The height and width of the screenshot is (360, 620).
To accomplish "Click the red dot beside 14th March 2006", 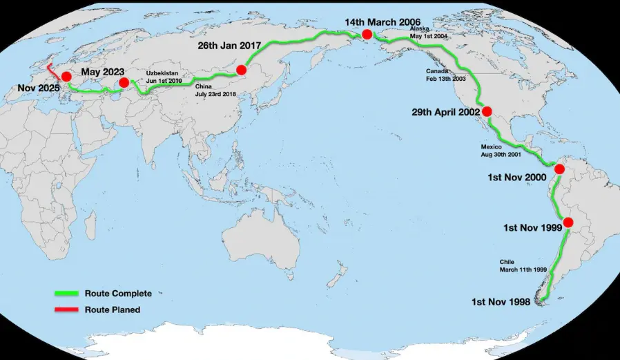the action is [x=367, y=34].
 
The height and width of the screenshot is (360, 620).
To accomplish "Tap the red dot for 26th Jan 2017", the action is [x=241, y=70].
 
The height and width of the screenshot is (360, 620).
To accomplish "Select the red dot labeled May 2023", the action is [x=124, y=83].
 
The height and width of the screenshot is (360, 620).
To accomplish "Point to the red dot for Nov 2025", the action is [x=66, y=77].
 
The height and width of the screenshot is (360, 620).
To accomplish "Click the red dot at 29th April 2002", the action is [x=487, y=111].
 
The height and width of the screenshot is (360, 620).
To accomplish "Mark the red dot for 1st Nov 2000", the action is [x=560, y=169].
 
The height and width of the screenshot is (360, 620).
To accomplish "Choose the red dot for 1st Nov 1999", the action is [x=568, y=222].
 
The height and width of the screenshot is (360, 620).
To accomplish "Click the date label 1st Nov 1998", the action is [x=501, y=302].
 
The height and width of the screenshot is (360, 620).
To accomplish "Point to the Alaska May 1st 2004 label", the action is [x=424, y=32].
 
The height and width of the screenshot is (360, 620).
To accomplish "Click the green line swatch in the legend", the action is [x=68, y=294].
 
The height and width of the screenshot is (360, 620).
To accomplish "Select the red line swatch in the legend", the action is [x=68, y=310].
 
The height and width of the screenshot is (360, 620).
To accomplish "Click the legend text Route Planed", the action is [x=113, y=310].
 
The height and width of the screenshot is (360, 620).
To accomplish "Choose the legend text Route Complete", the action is [x=118, y=294].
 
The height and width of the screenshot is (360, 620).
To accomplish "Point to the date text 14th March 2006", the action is [x=385, y=22].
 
